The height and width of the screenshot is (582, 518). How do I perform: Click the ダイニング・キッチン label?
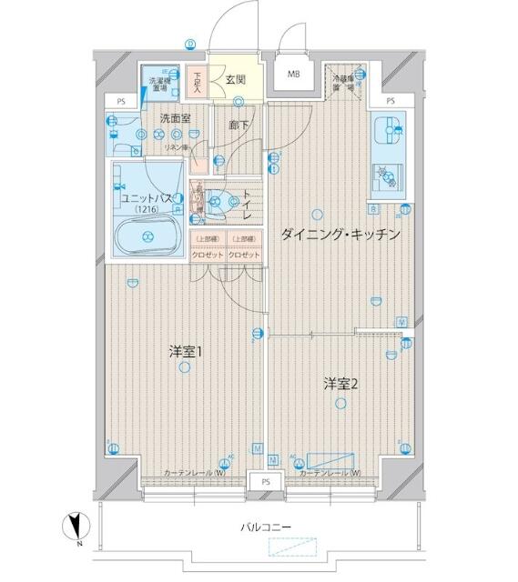point(340,234)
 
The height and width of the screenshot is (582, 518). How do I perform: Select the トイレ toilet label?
point(245,205)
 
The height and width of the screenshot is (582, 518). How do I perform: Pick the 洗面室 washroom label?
point(175,118)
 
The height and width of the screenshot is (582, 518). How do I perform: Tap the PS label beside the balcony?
point(267,480)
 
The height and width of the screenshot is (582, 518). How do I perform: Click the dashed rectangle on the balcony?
point(297,547)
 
